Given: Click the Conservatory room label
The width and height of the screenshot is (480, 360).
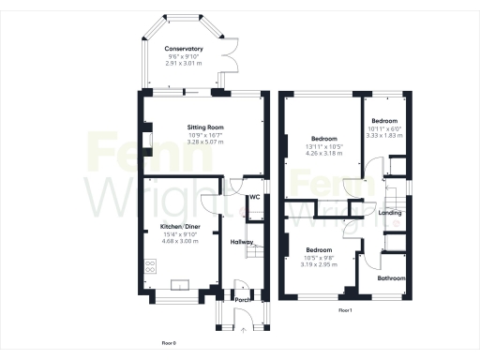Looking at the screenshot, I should (x=184, y=48).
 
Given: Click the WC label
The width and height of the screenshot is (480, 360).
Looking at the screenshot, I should (x=254, y=197).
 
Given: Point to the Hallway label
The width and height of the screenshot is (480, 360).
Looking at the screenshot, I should (x=243, y=242).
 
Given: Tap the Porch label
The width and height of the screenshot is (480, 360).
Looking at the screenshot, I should (x=241, y=300).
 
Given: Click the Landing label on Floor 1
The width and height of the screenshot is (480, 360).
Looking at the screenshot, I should (x=390, y=213).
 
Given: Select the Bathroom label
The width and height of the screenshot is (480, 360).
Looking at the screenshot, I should (x=392, y=278).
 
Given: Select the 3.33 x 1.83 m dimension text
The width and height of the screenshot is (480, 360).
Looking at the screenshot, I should (x=384, y=136).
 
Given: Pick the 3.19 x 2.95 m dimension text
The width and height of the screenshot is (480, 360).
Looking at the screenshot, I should (x=319, y=264).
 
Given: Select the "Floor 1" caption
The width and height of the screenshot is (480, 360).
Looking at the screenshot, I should (x=344, y=309).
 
